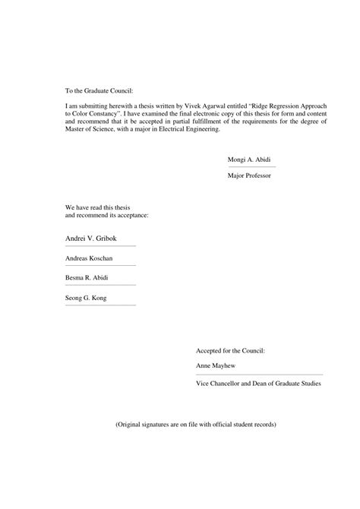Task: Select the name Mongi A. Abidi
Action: point(249,160)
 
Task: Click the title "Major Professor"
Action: point(248,175)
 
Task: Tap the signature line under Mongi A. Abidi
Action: point(251,167)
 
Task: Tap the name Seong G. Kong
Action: point(87,298)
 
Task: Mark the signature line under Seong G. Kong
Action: point(100,305)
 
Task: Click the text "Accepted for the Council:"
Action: point(230,351)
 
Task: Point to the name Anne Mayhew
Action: point(215,365)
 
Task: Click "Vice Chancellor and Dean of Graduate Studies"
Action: point(258,384)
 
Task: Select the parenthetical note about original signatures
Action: point(196,423)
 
